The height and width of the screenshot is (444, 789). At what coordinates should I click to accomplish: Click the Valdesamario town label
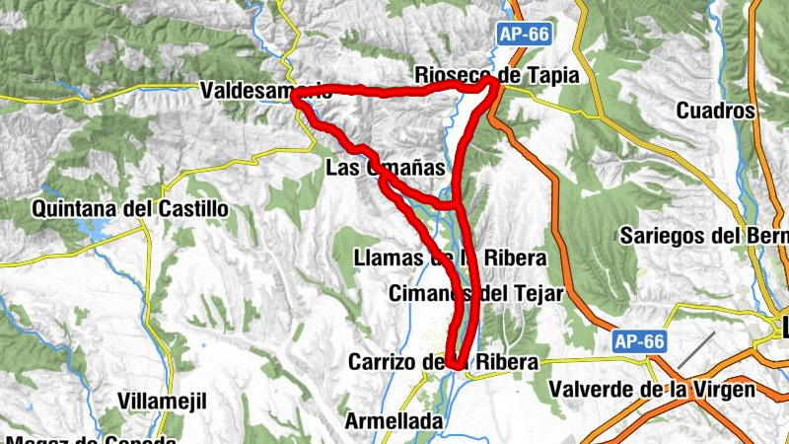point(264,91)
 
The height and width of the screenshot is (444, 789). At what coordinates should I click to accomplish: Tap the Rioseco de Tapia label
point(496,74)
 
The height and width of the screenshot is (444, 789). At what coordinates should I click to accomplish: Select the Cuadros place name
point(715,111)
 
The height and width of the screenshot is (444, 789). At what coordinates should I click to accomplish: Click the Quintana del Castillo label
point(130,209)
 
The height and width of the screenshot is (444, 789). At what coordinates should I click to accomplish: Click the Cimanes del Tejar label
point(475,293)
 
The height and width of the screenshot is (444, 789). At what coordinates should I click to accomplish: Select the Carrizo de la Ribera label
point(443,362)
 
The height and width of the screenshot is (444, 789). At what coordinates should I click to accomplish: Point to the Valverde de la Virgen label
point(652,390)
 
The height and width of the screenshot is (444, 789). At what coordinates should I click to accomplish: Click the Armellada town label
point(394,421)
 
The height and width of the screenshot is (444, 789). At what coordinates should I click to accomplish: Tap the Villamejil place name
point(161,401)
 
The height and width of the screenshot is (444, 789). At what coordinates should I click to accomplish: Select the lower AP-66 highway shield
point(639,342)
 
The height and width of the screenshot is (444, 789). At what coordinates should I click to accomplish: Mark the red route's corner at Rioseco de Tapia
point(494,86)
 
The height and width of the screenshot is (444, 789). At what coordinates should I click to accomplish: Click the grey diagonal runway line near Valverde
point(695,350)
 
